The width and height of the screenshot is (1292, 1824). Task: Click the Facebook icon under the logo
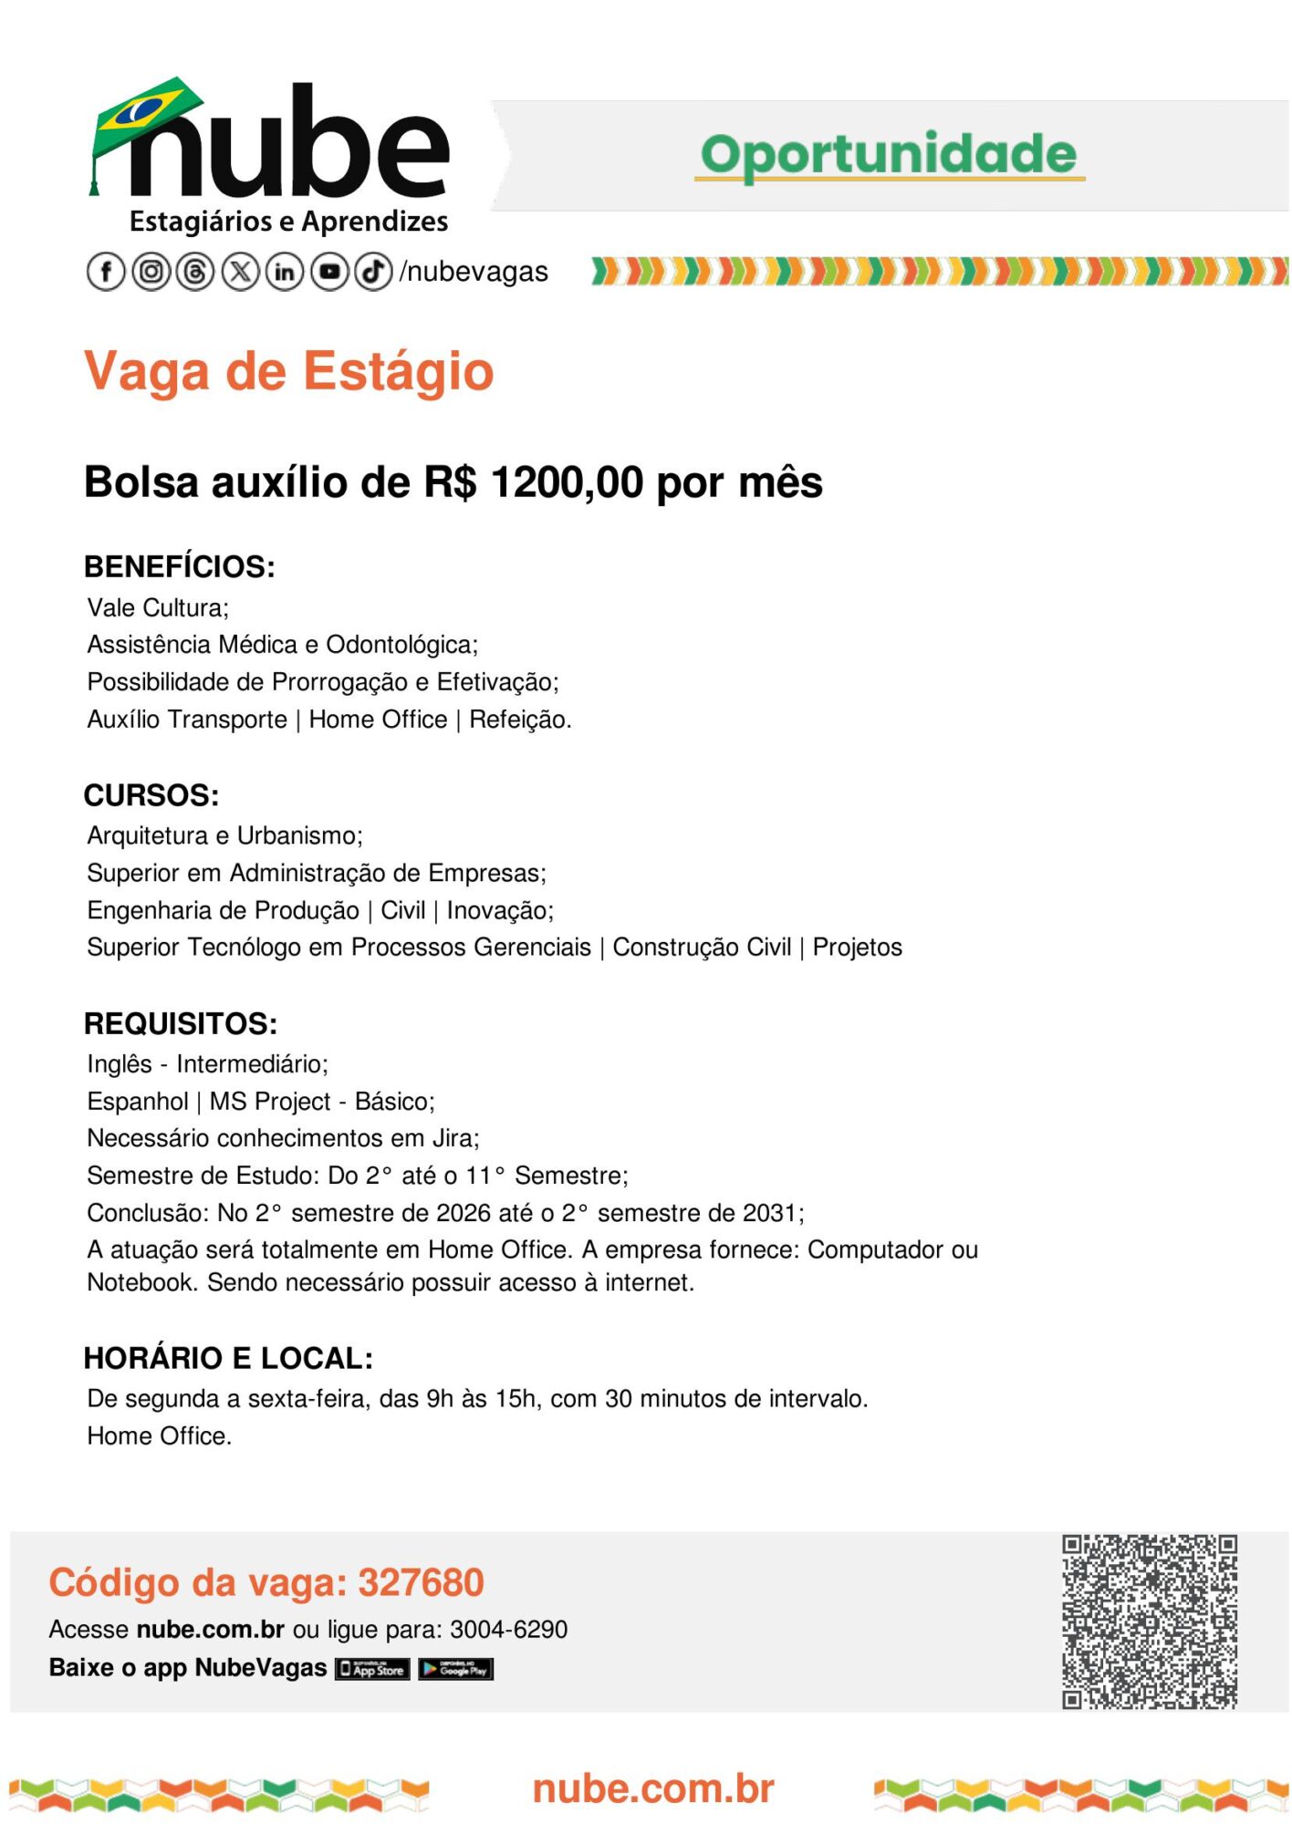click(106, 272)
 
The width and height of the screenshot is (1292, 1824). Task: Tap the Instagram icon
click(151, 272)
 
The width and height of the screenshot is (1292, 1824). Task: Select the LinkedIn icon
click(285, 272)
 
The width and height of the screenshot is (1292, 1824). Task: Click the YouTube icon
click(329, 272)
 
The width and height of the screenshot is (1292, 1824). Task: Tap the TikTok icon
click(373, 272)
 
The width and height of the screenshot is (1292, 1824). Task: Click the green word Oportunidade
click(889, 154)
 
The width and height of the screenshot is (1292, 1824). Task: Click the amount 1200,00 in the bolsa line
click(567, 482)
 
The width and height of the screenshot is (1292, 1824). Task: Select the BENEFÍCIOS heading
click(180, 566)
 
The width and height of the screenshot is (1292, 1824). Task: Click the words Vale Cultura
click(157, 608)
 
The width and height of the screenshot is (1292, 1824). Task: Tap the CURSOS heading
click(151, 795)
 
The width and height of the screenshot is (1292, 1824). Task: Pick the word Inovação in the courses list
click(498, 910)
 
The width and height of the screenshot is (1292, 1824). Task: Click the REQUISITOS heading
click(181, 1023)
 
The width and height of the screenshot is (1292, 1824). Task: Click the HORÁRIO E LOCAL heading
click(228, 1358)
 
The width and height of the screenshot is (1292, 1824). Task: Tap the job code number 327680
click(421, 1582)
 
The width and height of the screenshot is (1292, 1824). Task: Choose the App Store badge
click(372, 1669)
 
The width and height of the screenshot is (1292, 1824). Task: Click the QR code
click(1149, 1622)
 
